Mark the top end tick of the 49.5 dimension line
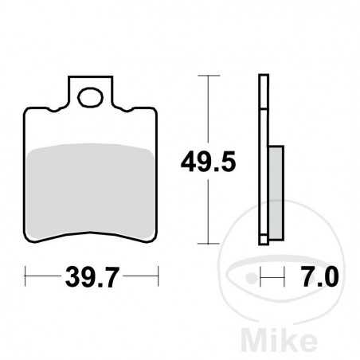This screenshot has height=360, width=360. [209, 76]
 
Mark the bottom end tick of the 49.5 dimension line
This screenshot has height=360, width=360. [209, 243]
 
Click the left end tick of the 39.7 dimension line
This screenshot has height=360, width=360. [25, 278]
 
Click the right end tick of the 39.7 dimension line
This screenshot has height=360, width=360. [158, 278]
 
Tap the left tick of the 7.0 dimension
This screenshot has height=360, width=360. [260, 278]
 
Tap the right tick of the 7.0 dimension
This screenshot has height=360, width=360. [283, 278]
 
